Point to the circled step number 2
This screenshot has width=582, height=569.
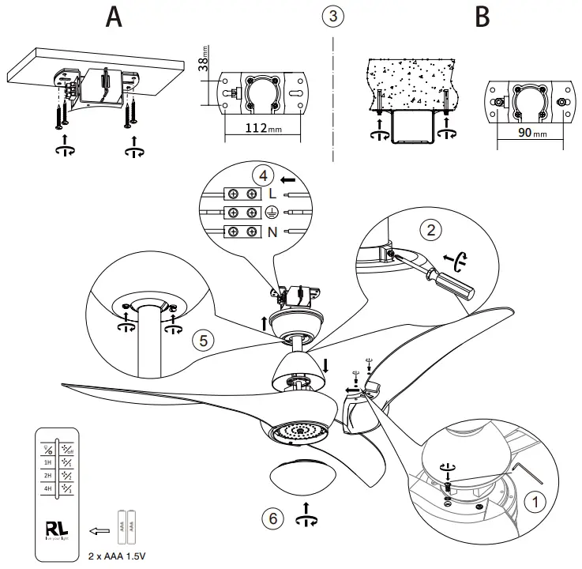click(x=431, y=230)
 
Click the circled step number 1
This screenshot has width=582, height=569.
click(x=536, y=501)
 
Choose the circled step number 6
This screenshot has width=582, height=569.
click(x=272, y=518)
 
